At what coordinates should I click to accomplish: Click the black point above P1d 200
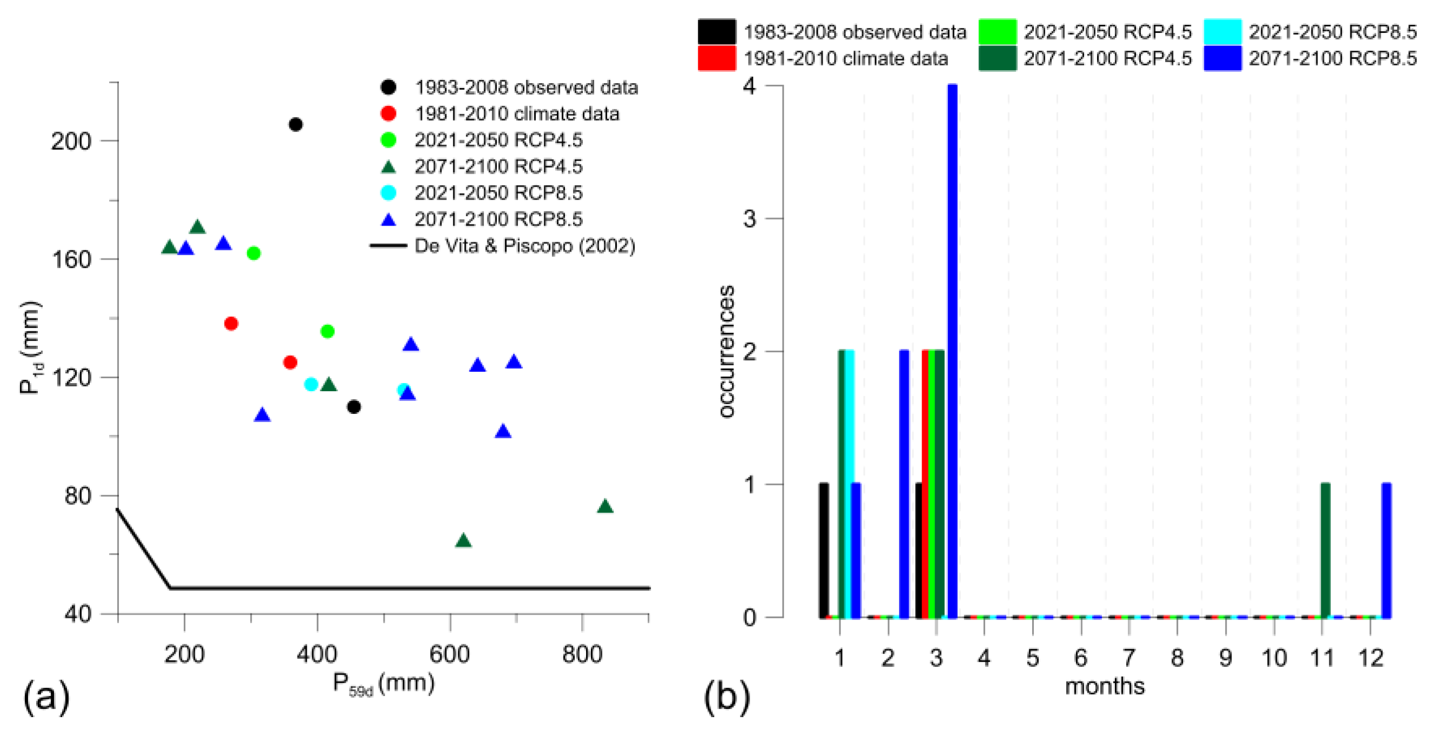(x=295, y=125)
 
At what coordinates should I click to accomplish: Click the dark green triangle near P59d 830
(x=604, y=507)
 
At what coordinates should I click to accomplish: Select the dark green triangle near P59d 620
(x=463, y=541)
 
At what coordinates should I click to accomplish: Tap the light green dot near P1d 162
(x=254, y=253)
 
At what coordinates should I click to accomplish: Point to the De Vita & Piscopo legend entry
(x=524, y=246)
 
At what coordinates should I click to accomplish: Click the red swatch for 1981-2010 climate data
(x=716, y=59)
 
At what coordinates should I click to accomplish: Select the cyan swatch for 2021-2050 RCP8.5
(x=1222, y=31)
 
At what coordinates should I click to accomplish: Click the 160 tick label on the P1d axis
(x=71, y=260)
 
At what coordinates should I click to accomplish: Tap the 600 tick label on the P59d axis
(x=449, y=655)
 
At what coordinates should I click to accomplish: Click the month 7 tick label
(x=1129, y=657)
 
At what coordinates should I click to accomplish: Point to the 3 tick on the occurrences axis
(x=749, y=219)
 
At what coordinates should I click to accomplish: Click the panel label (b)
(x=726, y=697)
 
